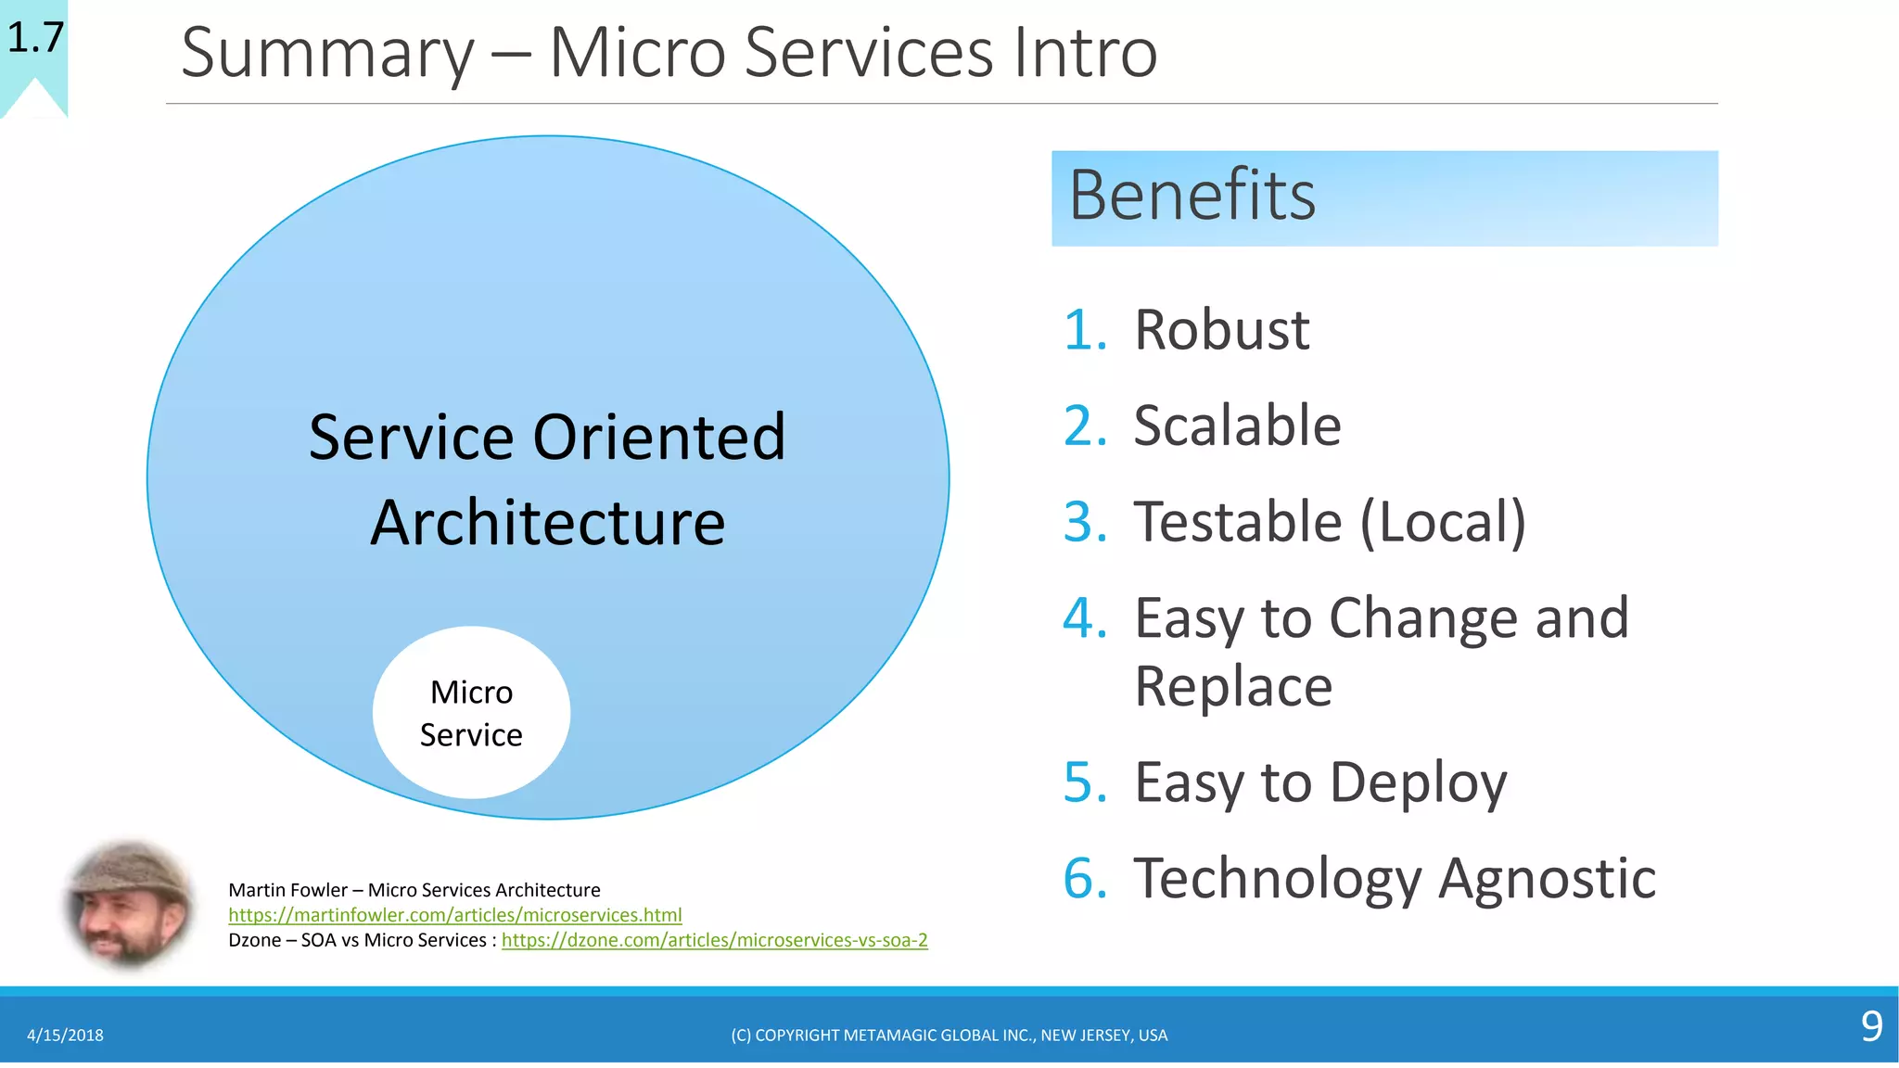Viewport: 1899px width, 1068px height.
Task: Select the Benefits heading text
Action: click(x=1192, y=196)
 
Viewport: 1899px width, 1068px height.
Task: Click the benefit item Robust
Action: click(x=1221, y=330)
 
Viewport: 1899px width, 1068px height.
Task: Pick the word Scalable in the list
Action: click(x=1237, y=426)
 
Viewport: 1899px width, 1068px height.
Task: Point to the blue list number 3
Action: click(x=1084, y=522)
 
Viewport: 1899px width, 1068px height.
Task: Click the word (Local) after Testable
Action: click(x=1442, y=522)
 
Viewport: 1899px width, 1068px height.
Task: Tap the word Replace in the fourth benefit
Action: click(x=1233, y=687)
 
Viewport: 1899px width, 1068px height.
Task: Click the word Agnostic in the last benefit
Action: click(x=1547, y=879)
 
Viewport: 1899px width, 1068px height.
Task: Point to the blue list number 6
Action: click(x=1084, y=879)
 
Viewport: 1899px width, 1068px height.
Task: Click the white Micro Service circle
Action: click(x=471, y=712)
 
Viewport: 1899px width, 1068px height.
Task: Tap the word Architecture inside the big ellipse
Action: click(x=547, y=524)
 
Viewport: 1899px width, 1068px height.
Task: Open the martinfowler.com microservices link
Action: click(x=454, y=915)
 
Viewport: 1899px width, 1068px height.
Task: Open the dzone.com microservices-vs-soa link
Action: click(x=714, y=940)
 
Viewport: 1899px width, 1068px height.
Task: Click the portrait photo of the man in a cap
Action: click(x=130, y=905)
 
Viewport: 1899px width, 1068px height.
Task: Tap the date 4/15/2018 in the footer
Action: click(x=65, y=1036)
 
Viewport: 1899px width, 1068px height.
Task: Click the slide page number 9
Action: click(x=1871, y=1027)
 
